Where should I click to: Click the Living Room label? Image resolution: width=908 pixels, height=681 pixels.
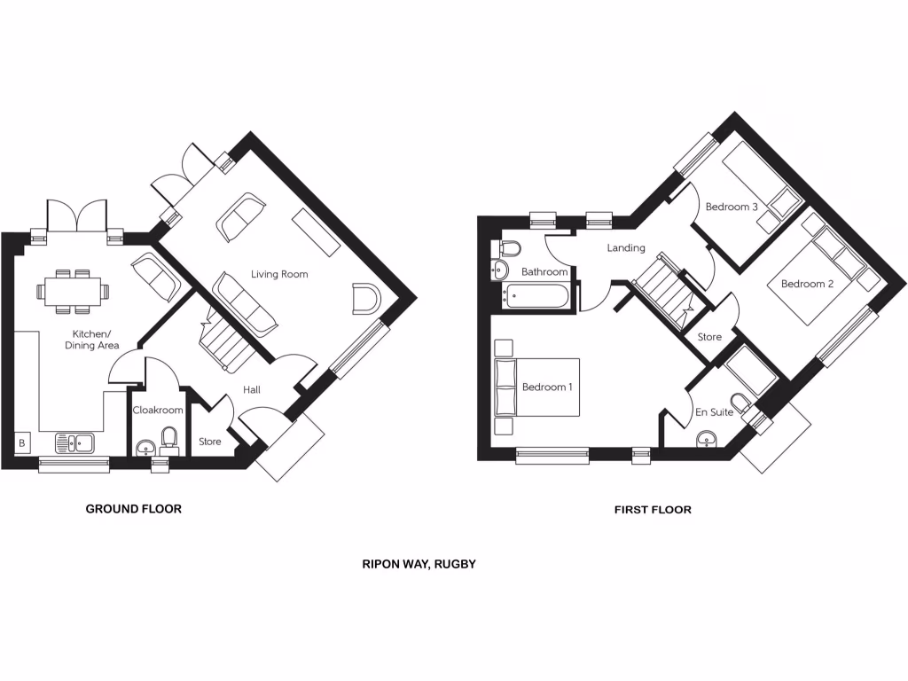(x=279, y=275)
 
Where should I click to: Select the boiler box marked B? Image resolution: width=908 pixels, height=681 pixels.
(x=20, y=441)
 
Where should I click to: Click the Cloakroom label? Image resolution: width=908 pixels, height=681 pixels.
(x=158, y=411)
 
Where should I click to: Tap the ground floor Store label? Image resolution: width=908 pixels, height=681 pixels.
(x=209, y=442)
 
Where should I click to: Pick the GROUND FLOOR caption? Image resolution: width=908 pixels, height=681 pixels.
(x=133, y=509)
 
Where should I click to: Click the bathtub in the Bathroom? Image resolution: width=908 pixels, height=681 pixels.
(x=537, y=295)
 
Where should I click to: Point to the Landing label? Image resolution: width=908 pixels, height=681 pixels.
(x=626, y=248)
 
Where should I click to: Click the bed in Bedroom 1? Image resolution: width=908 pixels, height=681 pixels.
(x=536, y=387)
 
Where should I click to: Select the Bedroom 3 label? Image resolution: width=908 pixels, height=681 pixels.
(x=732, y=207)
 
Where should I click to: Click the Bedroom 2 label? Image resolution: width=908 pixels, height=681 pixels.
(x=807, y=285)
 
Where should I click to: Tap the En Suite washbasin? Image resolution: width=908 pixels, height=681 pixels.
(x=707, y=437)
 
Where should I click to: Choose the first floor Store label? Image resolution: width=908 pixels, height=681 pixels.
(x=709, y=338)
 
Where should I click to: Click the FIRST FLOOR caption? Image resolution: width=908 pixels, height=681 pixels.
(x=653, y=510)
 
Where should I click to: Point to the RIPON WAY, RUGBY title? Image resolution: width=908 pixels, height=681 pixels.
(x=419, y=564)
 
